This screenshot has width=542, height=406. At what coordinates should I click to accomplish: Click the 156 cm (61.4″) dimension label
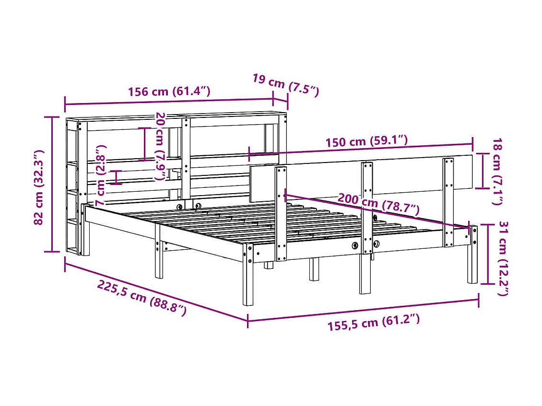coord(168,91)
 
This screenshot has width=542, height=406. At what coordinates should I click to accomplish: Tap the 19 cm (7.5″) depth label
coord(285,85)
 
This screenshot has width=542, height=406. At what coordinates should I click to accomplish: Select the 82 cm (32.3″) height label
coord(40,187)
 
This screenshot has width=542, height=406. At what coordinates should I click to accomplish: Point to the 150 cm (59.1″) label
coord(366,142)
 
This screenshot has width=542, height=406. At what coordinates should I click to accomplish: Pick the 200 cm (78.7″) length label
coord(378,203)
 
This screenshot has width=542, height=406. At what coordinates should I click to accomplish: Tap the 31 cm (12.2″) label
coord(502,258)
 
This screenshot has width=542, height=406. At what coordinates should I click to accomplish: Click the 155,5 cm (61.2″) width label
coord(374,323)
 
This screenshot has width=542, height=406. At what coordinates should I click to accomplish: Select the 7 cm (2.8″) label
coord(103,175)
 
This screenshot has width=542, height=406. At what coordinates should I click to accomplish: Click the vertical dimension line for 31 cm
coord(488,254)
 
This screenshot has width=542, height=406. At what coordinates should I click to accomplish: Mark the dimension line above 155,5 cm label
coord(363,310)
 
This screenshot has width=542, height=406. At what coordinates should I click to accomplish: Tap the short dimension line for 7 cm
coord(116,177)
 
